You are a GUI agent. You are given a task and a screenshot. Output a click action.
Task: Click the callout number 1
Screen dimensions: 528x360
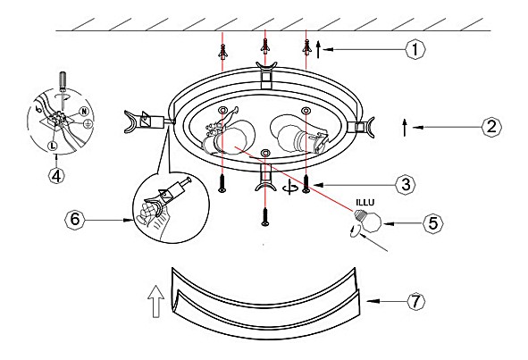pos(415,49)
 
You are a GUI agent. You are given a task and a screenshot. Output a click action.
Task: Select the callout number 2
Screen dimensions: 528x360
pos(491,127)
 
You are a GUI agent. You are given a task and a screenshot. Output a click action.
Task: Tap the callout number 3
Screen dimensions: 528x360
pos(406,185)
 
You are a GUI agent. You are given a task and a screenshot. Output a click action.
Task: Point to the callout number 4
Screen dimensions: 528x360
pos(56,175)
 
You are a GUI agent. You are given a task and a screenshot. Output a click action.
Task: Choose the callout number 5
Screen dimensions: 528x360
pos(432,223)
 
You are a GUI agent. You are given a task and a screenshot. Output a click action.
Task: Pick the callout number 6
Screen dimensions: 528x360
pos(74,219)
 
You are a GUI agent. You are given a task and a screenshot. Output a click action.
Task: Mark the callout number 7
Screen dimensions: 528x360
pos(415,301)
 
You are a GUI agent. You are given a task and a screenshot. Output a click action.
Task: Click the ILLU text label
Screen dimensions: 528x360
pos(365,203)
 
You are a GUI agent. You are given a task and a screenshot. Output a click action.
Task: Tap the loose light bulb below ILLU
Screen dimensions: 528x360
pos(367,221)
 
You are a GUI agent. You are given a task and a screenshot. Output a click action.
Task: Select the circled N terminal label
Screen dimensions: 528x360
pos(83,111)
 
